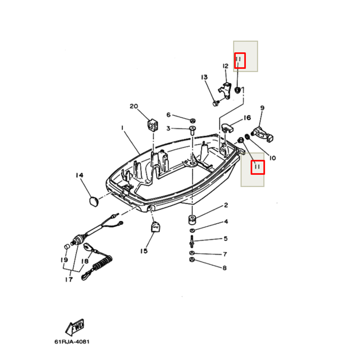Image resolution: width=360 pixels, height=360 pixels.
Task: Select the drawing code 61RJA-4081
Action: tap(72, 341)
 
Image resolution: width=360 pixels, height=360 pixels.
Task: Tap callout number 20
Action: tap(134, 106)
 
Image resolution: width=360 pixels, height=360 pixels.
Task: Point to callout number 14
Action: tap(79, 175)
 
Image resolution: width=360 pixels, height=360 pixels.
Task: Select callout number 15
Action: tap(144, 251)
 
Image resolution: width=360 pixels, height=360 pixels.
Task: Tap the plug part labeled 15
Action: tap(155, 228)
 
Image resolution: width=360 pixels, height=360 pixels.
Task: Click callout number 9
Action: tap(262, 108)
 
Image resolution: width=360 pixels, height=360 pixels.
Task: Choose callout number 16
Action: tap(247, 118)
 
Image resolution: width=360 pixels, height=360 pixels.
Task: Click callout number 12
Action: tap(225, 66)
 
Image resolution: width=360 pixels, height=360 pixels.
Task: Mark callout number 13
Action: tap(204, 77)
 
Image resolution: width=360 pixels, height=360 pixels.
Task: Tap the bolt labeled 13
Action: tap(216, 103)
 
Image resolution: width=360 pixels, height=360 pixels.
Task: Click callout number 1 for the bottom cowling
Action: tap(122, 128)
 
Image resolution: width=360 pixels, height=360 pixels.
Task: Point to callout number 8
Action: tap(225, 268)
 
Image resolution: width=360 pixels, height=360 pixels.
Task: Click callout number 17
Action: tap(68, 279)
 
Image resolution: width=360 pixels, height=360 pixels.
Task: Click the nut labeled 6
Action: tap(193, 120)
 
